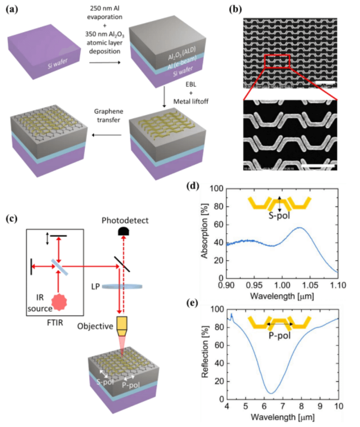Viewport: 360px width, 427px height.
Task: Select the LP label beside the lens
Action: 93,286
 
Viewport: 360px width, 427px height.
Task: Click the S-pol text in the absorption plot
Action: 280,216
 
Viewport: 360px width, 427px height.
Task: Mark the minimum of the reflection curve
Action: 271,393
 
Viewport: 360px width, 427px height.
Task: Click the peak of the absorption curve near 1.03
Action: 299,228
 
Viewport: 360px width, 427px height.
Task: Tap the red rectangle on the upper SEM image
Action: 277,61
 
